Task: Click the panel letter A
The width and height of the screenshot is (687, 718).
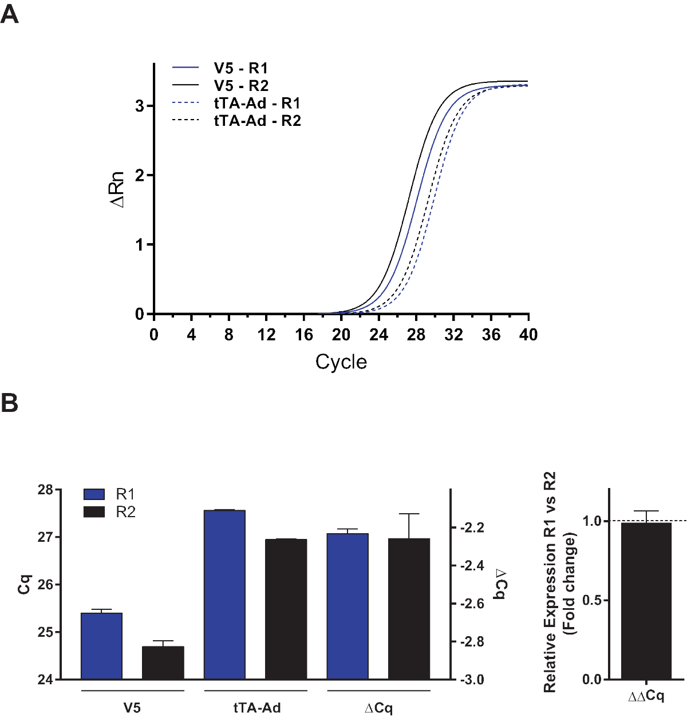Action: tap(10, 14)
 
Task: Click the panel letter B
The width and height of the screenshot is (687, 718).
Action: tap(10, 403)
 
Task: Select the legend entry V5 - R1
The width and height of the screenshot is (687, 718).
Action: tap(240, 68)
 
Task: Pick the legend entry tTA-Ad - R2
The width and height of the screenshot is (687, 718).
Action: tap(257, 121)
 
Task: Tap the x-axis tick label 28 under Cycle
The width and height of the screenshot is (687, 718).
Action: tap(416, 335)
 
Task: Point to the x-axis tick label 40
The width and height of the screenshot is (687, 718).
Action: tap(528, 335)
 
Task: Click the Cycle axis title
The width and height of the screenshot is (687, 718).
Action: tap(341, 362)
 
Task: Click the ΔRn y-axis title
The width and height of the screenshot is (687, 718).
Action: tap(117, 189)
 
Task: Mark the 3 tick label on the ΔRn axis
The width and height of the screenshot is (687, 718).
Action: tap(140, 106)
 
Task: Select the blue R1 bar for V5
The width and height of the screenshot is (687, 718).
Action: tap(102, 646)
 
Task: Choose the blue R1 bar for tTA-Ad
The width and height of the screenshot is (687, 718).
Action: tap(224, 594)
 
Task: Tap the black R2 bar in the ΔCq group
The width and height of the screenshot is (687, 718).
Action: tap(409, 609)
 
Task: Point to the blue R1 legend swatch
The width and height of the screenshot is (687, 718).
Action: tap(94, 494)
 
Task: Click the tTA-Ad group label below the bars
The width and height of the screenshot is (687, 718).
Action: tap(256, 708)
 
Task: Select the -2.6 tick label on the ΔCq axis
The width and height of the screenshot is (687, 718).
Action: tap(472, 604)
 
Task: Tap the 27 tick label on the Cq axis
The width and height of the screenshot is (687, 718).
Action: tap(45, 537)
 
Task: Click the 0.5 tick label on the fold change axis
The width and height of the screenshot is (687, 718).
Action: tap(591, 600)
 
